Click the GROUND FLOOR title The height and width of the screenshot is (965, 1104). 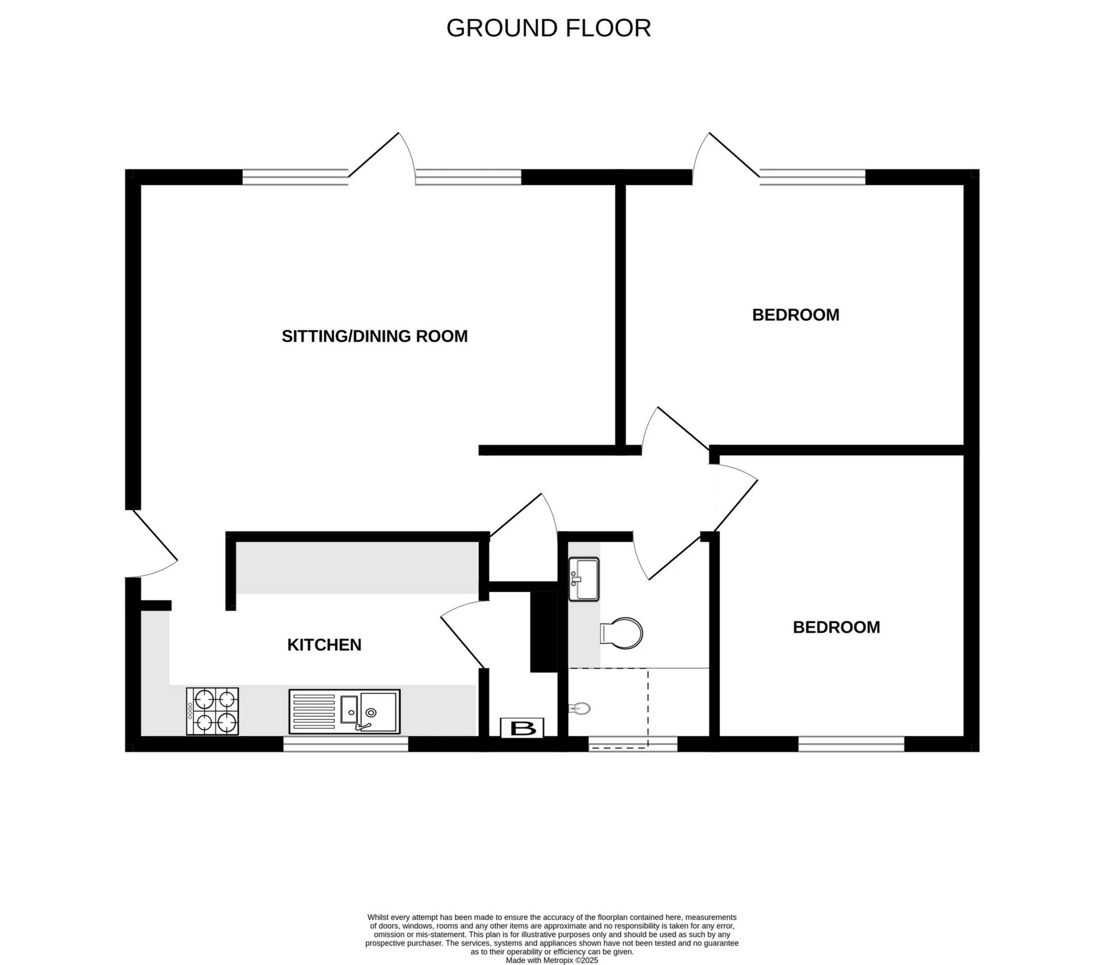548,28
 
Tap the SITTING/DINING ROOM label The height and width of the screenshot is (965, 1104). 374,336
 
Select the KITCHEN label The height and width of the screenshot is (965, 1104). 324,645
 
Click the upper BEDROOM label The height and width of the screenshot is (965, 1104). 795,315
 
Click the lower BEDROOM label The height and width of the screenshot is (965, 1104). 836,627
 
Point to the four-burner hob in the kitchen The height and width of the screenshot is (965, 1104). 212,711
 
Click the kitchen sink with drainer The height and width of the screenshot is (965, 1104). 344,712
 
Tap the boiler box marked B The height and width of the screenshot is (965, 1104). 522,728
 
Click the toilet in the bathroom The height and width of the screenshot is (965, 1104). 622,633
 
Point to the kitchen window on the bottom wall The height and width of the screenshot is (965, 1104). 345,744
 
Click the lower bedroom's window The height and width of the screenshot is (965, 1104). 851,744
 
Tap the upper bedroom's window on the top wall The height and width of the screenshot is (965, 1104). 812,177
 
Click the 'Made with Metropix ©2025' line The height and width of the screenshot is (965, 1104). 551,960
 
